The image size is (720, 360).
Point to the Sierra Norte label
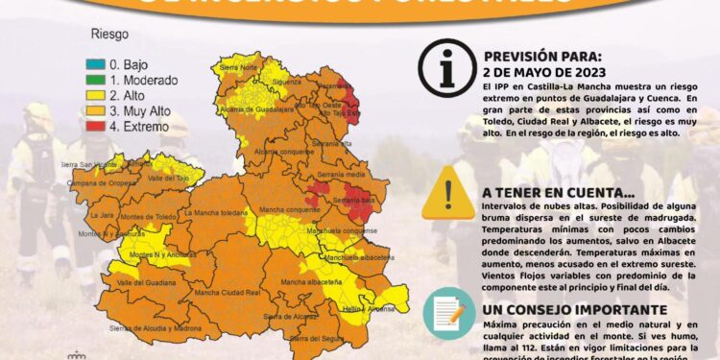click(238, 67)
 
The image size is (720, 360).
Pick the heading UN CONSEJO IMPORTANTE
click(575, 310)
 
